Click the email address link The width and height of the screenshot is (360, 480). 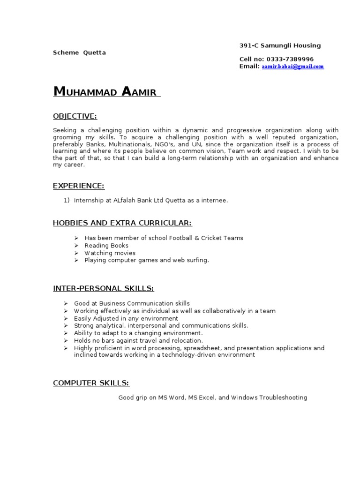pos(292,67)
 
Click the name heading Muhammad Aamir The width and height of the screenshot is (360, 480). pos(106,92)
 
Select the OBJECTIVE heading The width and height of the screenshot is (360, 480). pos(75,116)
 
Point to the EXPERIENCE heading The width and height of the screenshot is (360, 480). pos(78,186)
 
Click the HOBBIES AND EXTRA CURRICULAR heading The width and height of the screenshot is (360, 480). pos(122,223)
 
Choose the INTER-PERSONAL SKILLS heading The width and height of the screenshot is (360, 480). pos(103,288)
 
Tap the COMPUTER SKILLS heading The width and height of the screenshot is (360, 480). pos(91,383)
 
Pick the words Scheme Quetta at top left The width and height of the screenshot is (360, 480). pos(79,52)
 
